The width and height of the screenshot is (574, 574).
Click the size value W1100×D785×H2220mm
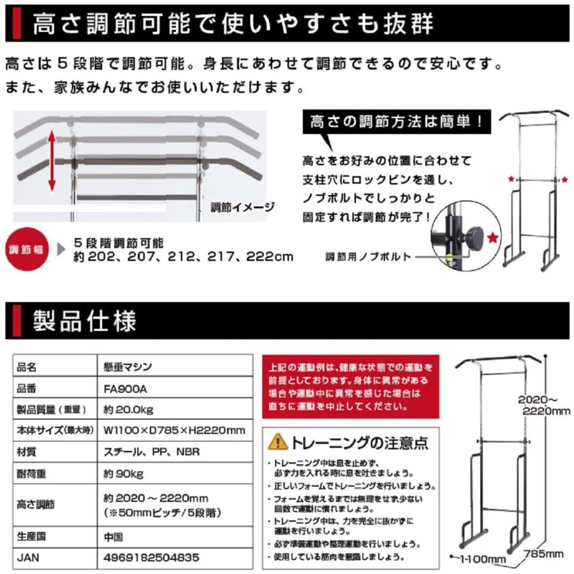coord(174,430)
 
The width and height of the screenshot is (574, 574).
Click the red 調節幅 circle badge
coord(24,249)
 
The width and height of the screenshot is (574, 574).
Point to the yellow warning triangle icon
coord(277,441)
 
